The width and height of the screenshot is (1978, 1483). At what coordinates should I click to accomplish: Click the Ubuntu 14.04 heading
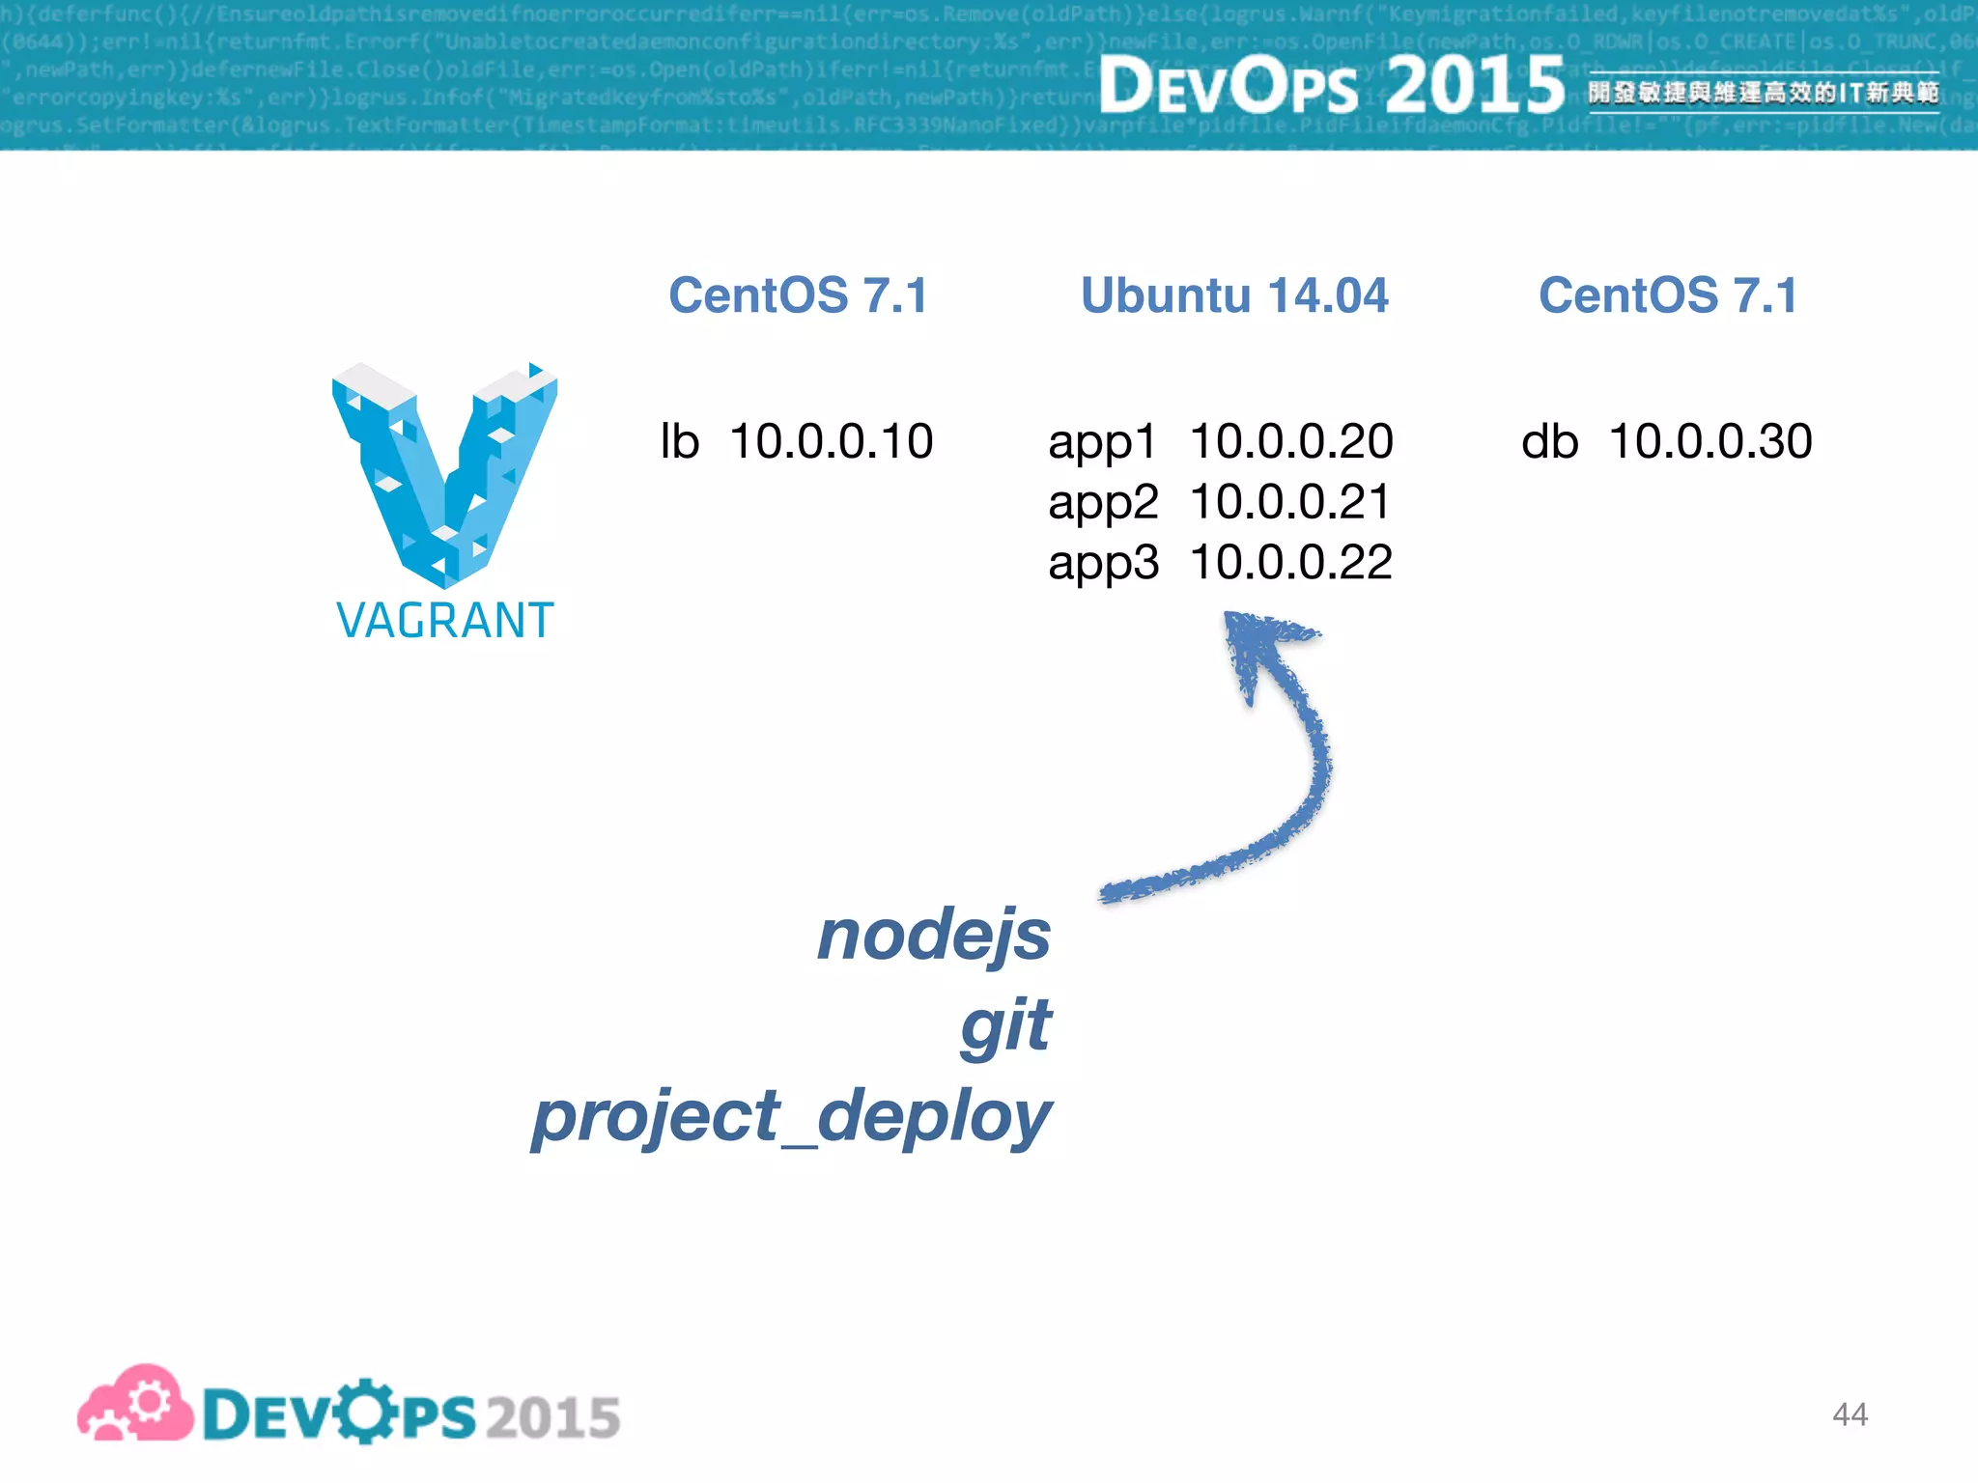pos(1233,295)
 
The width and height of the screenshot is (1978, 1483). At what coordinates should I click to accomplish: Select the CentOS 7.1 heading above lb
pos(798,295)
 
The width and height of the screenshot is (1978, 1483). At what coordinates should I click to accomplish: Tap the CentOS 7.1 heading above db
pos(1668,295)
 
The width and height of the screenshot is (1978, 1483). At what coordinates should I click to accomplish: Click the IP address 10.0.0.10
pos(831,441)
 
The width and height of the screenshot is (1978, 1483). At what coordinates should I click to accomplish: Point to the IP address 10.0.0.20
pos(1290,441)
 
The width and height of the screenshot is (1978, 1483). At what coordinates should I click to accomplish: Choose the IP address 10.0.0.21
pos(1290,502)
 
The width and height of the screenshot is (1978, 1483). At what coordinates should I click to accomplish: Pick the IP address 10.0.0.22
pos(1290,562)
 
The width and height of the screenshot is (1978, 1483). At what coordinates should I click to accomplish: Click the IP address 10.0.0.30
pos(1710,441)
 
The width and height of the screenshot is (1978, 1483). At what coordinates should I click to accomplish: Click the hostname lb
pos(679,441)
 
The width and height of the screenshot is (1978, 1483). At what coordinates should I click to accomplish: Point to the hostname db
pos(1549,441)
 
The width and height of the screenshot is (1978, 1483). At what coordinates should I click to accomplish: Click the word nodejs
pos(933,937)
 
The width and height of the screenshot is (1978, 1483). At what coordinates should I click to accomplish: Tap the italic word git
pos(1004,1026)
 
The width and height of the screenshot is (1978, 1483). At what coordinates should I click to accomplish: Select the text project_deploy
pos(791,1117)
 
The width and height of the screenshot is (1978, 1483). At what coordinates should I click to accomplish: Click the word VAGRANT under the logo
pos(444,621)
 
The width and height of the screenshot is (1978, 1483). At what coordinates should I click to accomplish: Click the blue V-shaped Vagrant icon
pos(444,473)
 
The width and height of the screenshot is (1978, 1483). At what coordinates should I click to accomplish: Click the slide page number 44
pos(1850,1414)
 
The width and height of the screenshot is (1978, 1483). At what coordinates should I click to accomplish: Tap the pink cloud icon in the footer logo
pos(135,1405)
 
